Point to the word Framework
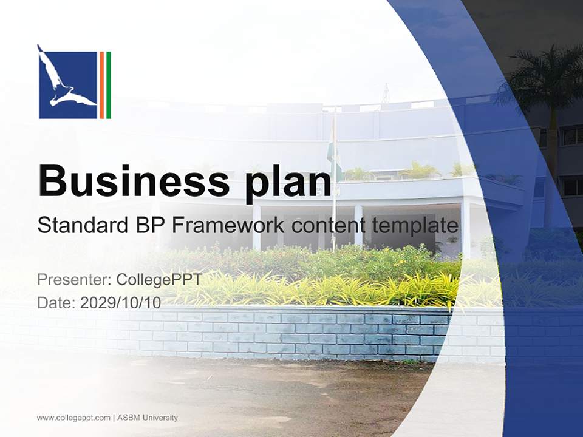pyautogui.click(x=228, y=225)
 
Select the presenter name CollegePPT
pyautogui.click(x=159, y=279)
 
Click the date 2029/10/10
pyautogui.click(x=121, y=302)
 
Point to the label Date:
pyautogui.click(x=56, y=302)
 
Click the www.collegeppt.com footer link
pyautogui.click(x=73, y=418)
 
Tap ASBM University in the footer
pyautogui.click(x=148, y=418)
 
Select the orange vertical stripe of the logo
pyautogui.click(x=101, y=85)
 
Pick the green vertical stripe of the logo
pyautogui.click(x=109, y=85)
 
